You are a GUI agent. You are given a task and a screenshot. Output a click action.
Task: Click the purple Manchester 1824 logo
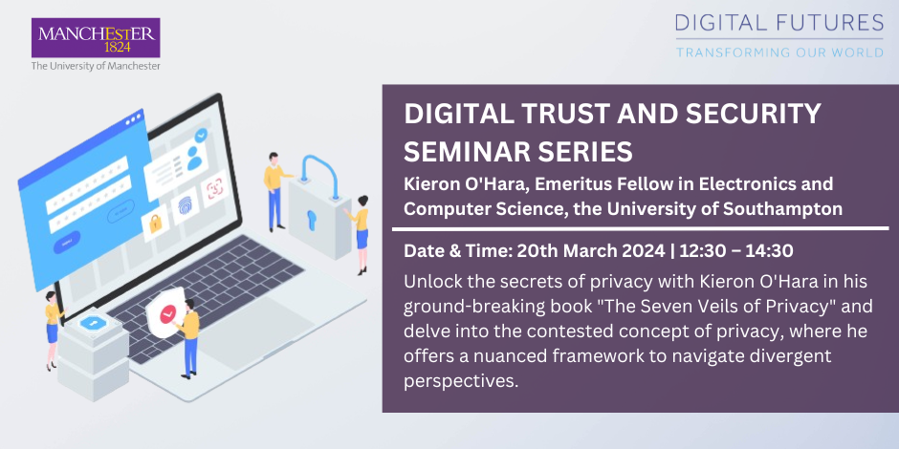(x=96, y=38)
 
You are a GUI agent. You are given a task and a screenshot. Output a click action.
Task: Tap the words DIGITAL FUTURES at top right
(x=779, y=23)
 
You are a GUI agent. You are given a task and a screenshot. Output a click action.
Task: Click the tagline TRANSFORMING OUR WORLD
(x=779, y=53)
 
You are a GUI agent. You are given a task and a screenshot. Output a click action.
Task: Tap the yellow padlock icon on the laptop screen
(x=156, y=223)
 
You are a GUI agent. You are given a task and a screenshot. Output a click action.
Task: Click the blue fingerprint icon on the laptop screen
(x=186, y=205)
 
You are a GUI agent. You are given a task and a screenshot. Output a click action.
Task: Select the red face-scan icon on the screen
(x=215, y=187)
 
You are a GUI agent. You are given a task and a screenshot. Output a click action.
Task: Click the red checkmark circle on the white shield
(x=168, y=313)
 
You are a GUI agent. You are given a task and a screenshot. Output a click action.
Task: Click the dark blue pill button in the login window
(x=67, y=243)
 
